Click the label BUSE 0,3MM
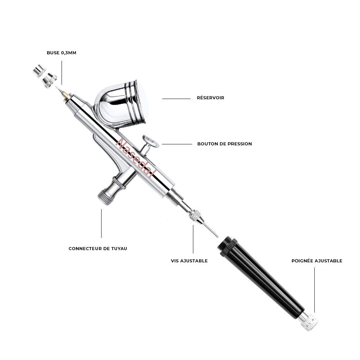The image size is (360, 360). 61,53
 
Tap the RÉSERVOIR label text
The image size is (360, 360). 210,98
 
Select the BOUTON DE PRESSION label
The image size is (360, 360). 224,144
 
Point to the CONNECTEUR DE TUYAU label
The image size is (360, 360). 98,249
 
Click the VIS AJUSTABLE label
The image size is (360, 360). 189,261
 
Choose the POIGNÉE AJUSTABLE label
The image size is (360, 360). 317,261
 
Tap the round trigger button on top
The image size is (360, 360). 151,141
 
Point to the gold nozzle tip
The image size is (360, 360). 65,95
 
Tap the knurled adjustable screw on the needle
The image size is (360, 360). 195,215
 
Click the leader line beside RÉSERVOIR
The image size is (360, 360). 176,99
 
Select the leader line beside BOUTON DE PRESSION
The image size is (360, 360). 177,144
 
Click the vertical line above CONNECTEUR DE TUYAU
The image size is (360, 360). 101,223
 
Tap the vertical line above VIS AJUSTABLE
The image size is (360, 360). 193,239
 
